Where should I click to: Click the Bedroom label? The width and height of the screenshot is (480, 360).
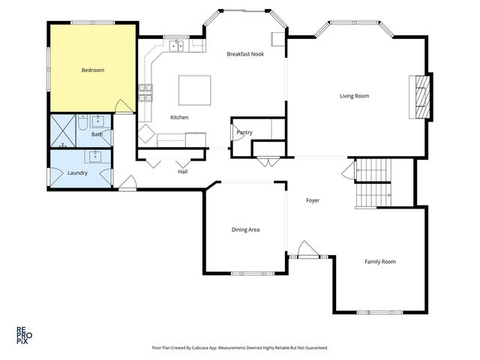93,70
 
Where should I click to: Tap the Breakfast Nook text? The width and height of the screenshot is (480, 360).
245,54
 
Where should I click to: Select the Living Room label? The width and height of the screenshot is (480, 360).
354,96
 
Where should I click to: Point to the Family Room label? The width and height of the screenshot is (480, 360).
380,262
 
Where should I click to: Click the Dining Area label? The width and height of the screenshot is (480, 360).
245,230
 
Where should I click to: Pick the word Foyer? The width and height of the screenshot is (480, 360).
313,200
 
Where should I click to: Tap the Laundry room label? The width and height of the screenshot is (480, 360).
77,173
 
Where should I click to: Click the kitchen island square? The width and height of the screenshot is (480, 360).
195,90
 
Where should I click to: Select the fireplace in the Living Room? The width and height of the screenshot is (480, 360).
421,97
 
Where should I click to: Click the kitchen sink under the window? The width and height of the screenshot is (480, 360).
177,46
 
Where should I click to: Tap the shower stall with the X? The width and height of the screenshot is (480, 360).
63,130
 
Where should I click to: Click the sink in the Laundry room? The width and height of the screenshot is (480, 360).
95,157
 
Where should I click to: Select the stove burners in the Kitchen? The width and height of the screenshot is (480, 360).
145,93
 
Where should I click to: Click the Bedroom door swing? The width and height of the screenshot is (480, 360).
124,106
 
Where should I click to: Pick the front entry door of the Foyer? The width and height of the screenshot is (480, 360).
308,250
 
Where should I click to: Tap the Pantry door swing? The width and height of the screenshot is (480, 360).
237,133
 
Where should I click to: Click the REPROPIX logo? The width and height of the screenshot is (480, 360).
24,335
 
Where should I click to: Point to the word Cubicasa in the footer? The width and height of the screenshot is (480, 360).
200,348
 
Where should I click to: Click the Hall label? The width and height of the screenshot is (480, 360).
183,172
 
